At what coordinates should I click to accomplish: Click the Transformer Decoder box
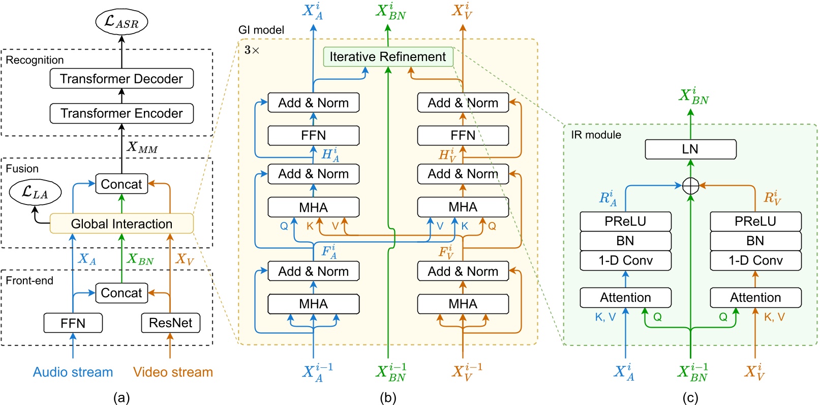coord(122,78)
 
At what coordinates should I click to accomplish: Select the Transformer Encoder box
coord(122,113)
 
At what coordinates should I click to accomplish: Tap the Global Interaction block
coord(122,223)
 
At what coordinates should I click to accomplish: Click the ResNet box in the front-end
coord(170,323)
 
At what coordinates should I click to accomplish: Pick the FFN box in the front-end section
coord(73,323)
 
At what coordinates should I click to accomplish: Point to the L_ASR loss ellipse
coord(122,22)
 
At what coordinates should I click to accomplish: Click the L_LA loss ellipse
coord(35,192)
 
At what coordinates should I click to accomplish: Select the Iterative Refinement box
coord(387,56)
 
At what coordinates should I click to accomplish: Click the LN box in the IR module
coord(690,149)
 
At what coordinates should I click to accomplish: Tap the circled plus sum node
coord(690,186)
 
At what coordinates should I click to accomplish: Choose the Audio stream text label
coord(73,372)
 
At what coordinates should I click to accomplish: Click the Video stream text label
coord(173,372)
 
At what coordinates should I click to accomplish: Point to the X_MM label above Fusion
coord(142,147)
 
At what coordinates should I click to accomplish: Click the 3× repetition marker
coord(252,50)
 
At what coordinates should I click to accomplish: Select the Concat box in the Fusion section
coord(122,184)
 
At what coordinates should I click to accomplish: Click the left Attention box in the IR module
coord(625,297)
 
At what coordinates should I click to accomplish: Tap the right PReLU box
coord(755,221)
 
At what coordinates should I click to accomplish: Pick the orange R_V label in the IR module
coord(772,197)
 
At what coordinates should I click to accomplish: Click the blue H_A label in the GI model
coord(330,154)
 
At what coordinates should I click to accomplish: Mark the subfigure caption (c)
coord(690,397)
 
